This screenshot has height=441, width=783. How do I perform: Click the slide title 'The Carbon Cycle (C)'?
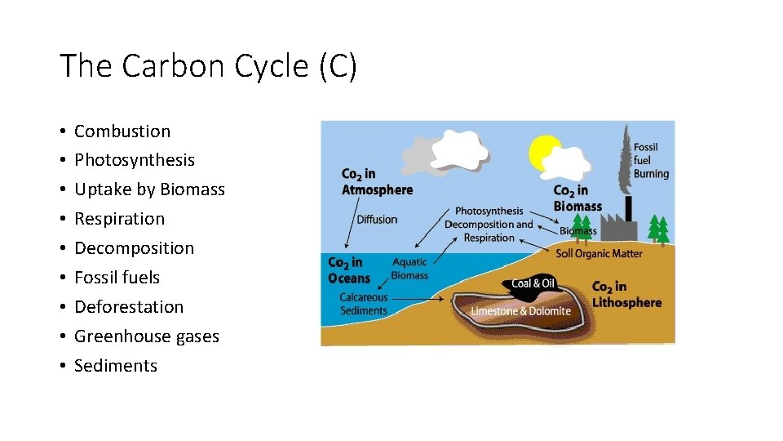click(208, 65)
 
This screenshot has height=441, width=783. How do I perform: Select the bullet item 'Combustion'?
click(122, 131)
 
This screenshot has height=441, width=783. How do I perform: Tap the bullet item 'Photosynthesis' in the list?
click(135, 160)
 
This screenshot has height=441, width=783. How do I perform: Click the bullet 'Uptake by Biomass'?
click(149, 189)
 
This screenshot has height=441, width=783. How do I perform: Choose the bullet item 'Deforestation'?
click(129, 307)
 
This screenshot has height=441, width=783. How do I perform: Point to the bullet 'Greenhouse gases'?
click(147, 336)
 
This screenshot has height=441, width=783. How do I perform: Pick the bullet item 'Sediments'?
click(116, 366)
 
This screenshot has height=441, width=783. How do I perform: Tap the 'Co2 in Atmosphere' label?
click(377, 182)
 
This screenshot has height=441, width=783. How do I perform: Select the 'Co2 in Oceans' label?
click(348, 270)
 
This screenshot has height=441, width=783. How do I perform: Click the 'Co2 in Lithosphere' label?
click(626, 294)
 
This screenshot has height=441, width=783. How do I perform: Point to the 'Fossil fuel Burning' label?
click(651, 160)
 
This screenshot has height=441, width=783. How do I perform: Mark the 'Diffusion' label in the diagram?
click(377, 219)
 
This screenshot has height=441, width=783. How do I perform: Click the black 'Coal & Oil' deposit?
click(533, 283)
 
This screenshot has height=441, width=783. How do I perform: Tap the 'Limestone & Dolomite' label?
click(520, 311)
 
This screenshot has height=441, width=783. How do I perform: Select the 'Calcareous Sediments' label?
click(364, 304)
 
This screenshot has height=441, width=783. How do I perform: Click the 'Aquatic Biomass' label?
click(409, 269)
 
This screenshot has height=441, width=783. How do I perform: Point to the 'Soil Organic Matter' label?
click(599, 253)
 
